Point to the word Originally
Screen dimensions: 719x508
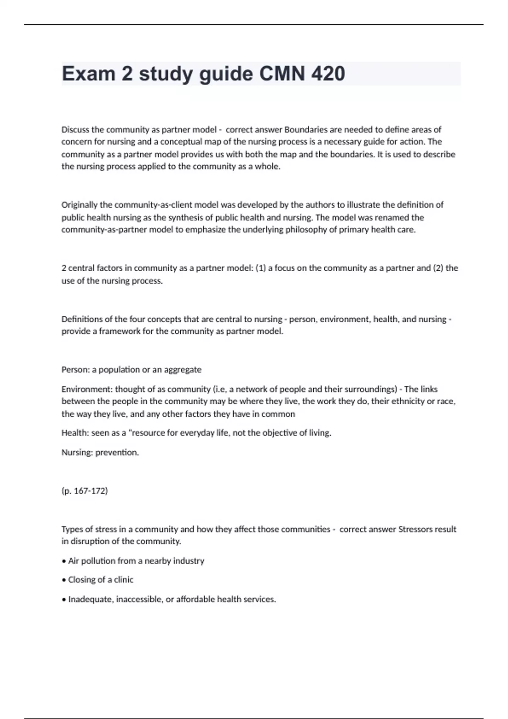pos(80,205)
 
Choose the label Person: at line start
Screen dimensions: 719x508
pos(75,370)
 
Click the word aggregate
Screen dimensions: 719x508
pos(183,370)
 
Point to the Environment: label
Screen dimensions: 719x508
pos(87,389)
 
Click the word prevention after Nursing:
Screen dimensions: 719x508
pos(117,453)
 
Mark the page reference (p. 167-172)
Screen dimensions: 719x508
pos(85,491)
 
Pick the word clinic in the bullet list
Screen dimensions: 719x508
pos(124,580)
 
